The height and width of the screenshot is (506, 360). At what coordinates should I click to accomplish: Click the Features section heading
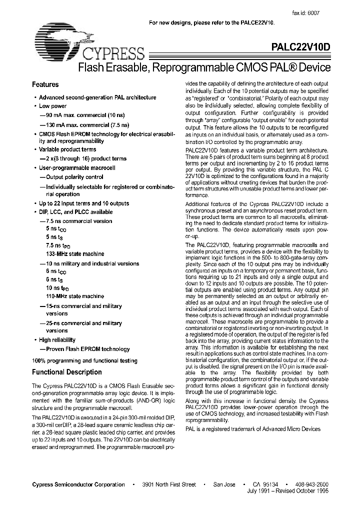coord(45,85)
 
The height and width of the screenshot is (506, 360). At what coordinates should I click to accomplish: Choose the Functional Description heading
coord(66,372)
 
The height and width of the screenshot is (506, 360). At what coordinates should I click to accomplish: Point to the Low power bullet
coord(52,106)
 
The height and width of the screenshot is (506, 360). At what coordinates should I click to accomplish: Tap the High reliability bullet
coord(57,340)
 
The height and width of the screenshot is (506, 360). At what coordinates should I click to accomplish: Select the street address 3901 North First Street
coord(169,484)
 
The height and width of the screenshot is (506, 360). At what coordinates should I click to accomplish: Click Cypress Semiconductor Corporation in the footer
coord(78,484)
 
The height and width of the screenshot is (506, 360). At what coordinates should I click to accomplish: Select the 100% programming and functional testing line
coord(84,360)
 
